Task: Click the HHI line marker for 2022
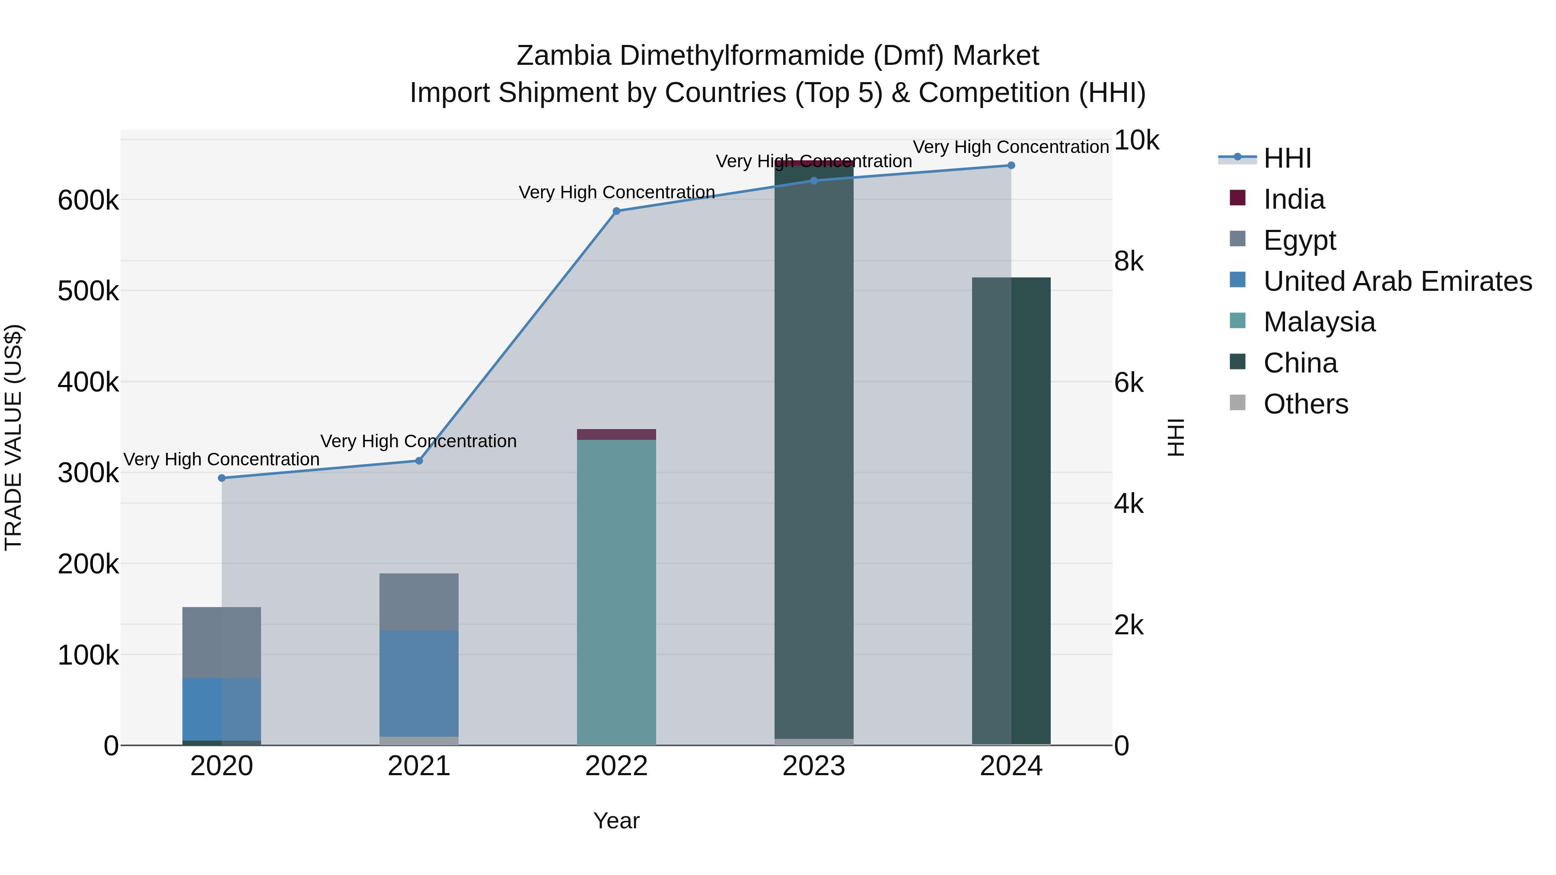click(x=616, y=211)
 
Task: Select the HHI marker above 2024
click(x=1011, y=165)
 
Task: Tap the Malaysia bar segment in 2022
click(x=616, y=592)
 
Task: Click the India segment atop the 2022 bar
click(x=616, y=435)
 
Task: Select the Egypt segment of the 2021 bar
click(x=418, y=602)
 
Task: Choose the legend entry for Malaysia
click(x=1319, y=322)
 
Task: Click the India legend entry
click(x=1293, y=199)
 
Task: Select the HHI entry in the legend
click(x=1287, y=158)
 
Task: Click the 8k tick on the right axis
click(x=1129, y=261)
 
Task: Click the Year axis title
click(x=616, y=821)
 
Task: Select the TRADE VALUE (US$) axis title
click(x=13, y=437)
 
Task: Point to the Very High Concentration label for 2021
click(x=418, y=442)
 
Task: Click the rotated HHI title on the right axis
click(x=1176, y=437)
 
